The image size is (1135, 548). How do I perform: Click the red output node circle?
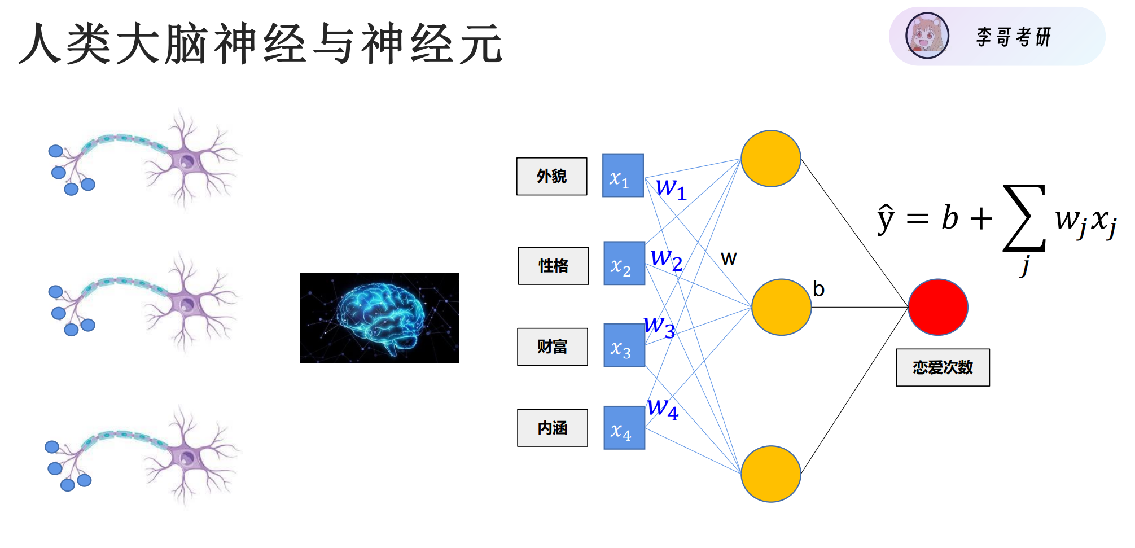pyautogui.click(x=938, y=307)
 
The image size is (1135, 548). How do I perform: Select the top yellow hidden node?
pyautogui.click(x=770, y=159)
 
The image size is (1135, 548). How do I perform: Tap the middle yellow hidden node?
pyautogui.click(x=781, y=307)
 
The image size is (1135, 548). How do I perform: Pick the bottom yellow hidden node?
pyautogui.click(x=770, y=474)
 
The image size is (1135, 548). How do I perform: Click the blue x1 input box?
pyautogui.click(x=623, y=176)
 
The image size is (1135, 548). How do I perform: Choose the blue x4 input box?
pyautogui.click(x=624, y=428)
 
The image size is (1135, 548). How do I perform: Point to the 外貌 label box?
pyautogui.click(x=551, y=177)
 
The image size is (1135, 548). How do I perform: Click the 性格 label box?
pyautogui.click(x=553, y=266)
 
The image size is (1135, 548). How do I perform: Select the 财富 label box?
pyautogui.click(x=552, y=347)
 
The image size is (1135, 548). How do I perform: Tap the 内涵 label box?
pyautogui.click(x=552, y=428)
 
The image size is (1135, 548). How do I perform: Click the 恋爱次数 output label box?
pyautogui.click(x=943, y=367)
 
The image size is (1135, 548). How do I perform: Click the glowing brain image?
pyautogui.click(x=379, y=318)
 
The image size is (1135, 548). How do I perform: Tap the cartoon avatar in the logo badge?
pyautogui.click(x=927, y=36)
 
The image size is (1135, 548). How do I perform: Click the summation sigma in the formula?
pyautogui.click(x=1024, y=218)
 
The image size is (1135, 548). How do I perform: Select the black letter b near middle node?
pyautogui.click(x=818, y=289)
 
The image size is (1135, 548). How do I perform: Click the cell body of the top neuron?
pyautogui.click(x=187, y=162)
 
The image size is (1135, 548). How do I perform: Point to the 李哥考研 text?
pyautogui.click(x=1013, y=37)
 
